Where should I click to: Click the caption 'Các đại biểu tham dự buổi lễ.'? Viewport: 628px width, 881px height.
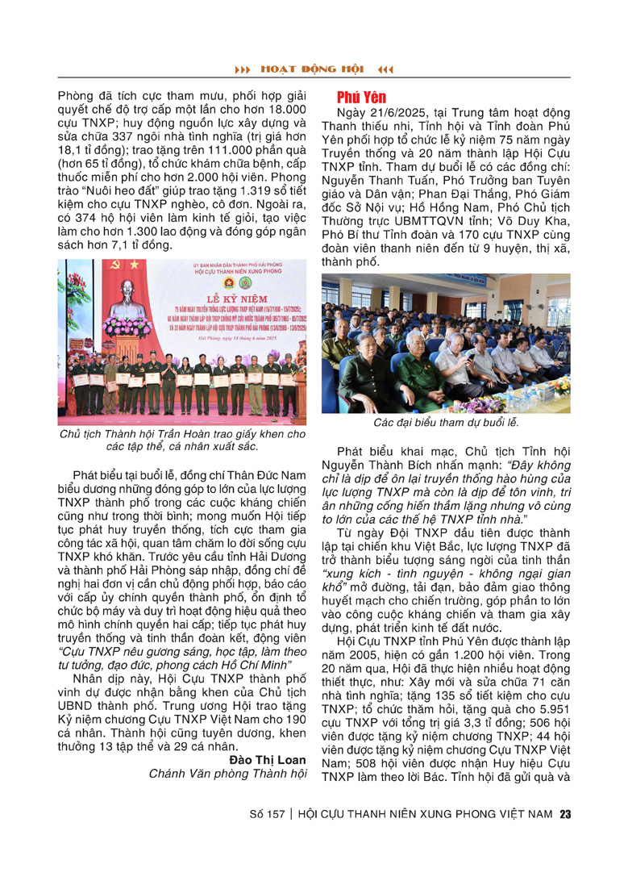click(446, 422)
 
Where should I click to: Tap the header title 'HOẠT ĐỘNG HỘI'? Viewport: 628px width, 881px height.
click(314, 69)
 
